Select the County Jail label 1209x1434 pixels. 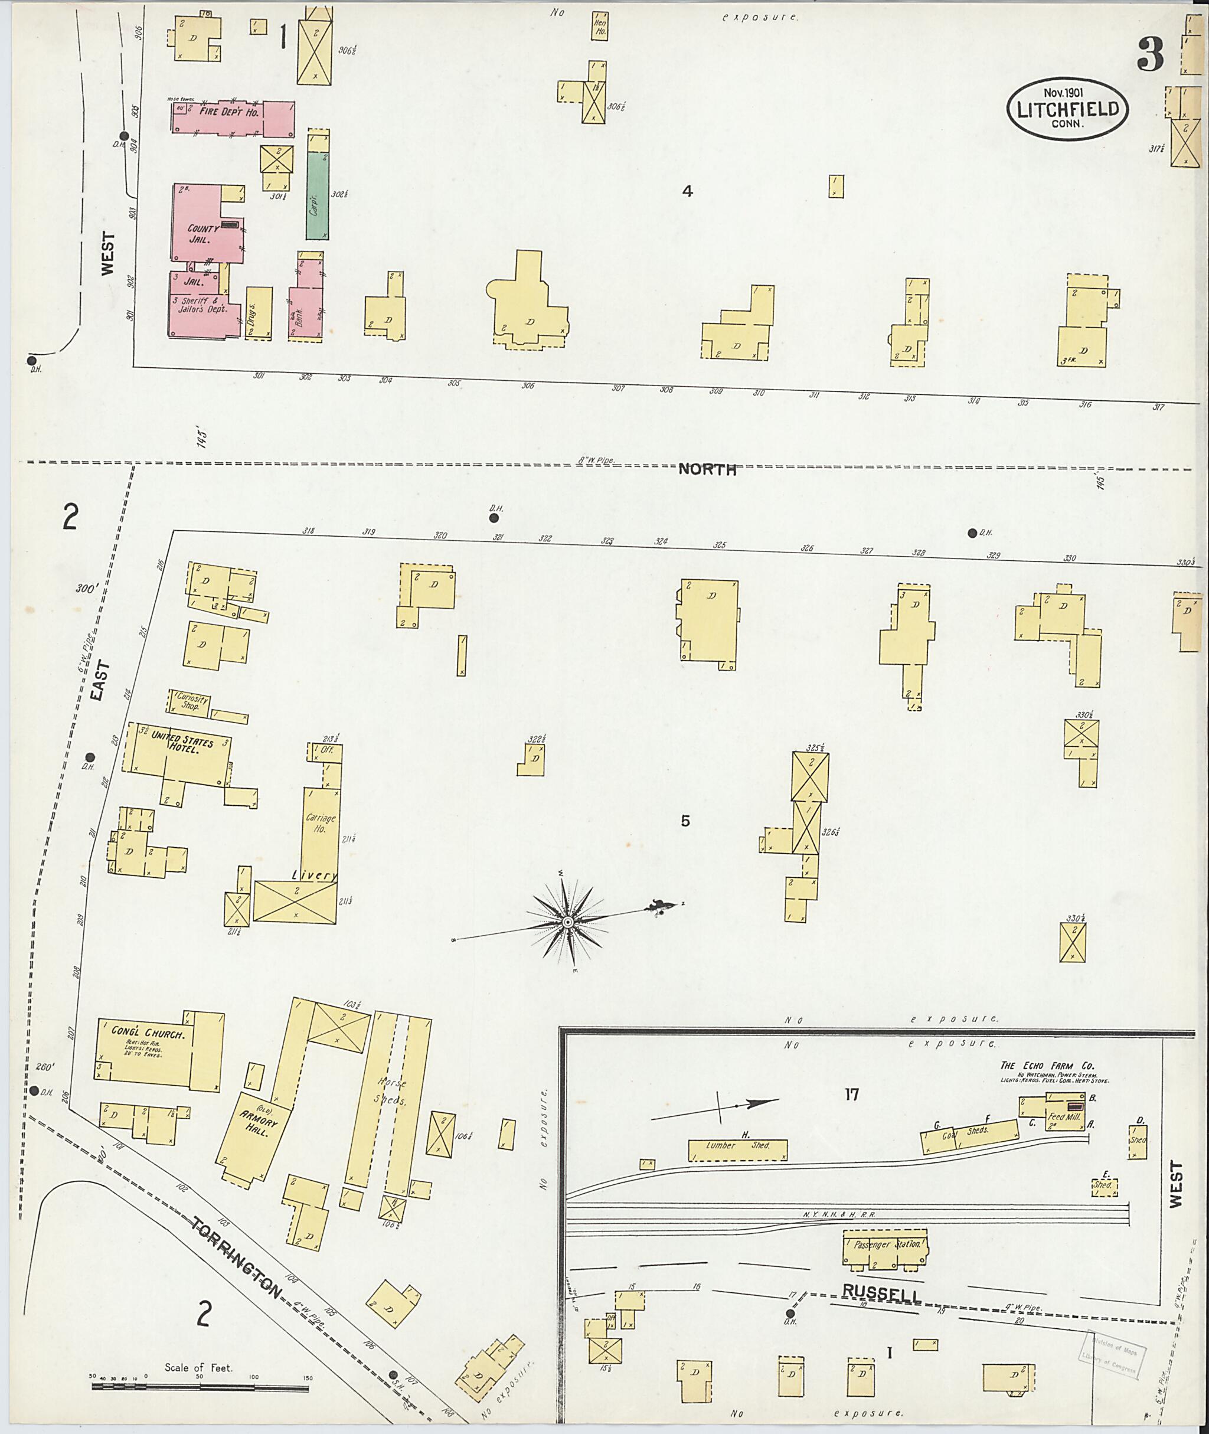(x=204, y=234)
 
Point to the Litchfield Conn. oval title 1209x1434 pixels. (x=1067, y=110)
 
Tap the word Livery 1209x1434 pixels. (x=314, y=876)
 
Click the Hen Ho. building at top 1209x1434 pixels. (x=600, y=26)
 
